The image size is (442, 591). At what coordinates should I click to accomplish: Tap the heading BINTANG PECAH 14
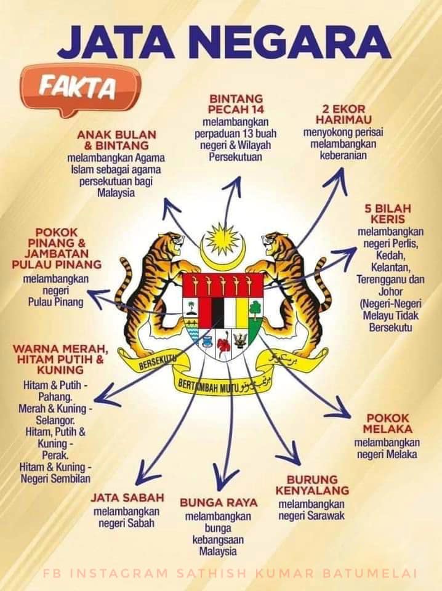pyautogui.click(x=236, y=105)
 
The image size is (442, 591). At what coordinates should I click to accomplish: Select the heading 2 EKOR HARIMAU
pyautogui.click(x=344, y=115)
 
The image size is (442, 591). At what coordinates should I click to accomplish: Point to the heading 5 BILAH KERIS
pyautogui.click(x=388, y=214)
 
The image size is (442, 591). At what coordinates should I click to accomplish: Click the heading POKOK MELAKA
pyautogui.click(x=388, y=424)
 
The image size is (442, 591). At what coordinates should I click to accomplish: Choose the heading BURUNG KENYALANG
pyautogui.click(x=312, y=485)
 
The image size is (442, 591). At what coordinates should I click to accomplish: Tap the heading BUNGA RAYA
pyautogui.click(x=219, y=502)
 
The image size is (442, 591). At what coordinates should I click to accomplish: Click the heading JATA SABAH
pyautogui.click(x=127, y=497)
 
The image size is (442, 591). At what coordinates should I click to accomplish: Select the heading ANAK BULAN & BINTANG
pyautogui.click(x=116, y=140)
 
